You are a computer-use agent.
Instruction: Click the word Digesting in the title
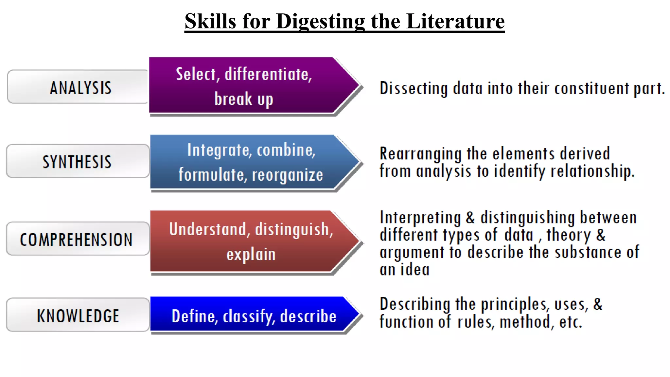point(320,22)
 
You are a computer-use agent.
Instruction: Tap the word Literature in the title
point(455,22)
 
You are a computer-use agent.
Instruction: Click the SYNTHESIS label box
point(78,161)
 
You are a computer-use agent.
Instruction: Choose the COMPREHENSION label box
point(77,239)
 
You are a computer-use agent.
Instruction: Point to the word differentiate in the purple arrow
point(268,74)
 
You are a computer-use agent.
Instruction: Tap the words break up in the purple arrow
point(244,99)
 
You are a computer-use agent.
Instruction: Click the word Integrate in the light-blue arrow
point(219,150)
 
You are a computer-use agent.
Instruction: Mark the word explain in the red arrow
point(251,254)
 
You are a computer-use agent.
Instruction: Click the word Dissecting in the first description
point(414,88)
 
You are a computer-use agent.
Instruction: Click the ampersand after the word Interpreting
point(470,218)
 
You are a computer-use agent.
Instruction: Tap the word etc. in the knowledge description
point(571,322)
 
